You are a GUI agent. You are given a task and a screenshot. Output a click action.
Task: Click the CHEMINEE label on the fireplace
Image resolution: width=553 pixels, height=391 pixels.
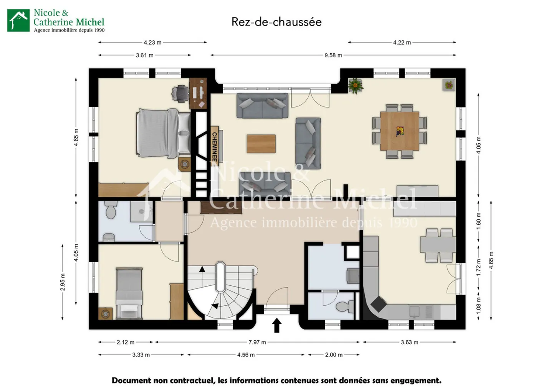(215, 147)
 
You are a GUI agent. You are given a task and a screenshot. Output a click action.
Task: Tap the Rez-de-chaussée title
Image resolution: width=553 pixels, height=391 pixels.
(276, 22)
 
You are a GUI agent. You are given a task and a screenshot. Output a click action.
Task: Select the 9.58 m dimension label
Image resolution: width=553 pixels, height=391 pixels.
(333, 55)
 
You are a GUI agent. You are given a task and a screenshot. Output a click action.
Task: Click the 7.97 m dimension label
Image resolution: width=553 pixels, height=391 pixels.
(257, 342)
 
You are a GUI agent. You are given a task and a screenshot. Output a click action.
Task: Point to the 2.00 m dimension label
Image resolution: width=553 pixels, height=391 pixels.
(334, 355)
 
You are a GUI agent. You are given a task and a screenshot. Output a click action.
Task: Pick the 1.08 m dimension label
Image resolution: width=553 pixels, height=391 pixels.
(478, 306)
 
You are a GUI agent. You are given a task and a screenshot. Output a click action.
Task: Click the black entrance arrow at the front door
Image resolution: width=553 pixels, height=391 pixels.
(277, 325)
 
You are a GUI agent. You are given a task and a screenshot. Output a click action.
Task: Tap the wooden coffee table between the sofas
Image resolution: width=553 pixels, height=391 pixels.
(261, 144)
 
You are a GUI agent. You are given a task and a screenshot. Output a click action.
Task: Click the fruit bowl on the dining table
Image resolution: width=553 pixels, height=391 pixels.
(400, 131)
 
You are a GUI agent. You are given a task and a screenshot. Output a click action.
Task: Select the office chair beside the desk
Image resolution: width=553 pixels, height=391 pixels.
(180, 93)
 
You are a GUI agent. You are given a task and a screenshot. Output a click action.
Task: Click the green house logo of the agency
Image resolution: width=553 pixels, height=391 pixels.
(18, 20)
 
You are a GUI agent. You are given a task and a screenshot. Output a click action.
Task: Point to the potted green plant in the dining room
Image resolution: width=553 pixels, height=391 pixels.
(355, 86)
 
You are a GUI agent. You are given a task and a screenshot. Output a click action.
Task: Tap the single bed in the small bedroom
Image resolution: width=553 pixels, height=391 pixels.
(129, 293)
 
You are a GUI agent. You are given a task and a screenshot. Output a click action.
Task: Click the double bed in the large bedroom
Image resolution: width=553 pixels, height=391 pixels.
(163, 133)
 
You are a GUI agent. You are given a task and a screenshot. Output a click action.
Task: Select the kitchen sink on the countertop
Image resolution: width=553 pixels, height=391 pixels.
(414, 311)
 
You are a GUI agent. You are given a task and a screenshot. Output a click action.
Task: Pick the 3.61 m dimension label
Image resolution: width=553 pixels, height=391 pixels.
(145, 55)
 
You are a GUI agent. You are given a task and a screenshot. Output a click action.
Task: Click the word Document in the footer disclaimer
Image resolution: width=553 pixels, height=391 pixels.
(132, 380)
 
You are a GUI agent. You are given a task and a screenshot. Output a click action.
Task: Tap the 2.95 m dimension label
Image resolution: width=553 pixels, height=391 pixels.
(63, 282)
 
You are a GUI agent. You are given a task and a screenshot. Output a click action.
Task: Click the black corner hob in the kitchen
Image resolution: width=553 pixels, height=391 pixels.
(378, 304)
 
